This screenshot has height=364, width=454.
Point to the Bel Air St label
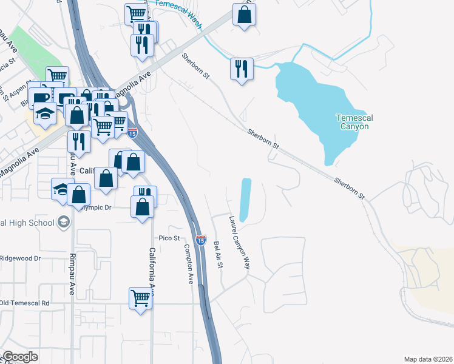click(218, 257)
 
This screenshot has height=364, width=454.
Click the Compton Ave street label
click(189, 264)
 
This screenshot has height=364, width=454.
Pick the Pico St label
click(169, 238)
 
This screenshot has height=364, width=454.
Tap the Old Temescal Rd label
click(25, 302)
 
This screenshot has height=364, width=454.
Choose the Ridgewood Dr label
click(20, 258)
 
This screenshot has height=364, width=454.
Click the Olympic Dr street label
click(96, 207)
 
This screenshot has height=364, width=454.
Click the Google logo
click(20, 356)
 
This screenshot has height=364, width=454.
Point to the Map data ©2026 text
click(428, 359)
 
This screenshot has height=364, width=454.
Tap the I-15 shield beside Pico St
click(201, 240)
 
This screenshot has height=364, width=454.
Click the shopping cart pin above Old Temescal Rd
click(140, 298)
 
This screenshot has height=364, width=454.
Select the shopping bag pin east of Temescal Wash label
click(244, 15)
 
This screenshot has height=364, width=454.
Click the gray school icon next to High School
click(63, 223)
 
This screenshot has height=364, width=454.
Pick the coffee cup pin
click(41, 96)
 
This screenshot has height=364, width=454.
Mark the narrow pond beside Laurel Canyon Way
click(246, 200)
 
